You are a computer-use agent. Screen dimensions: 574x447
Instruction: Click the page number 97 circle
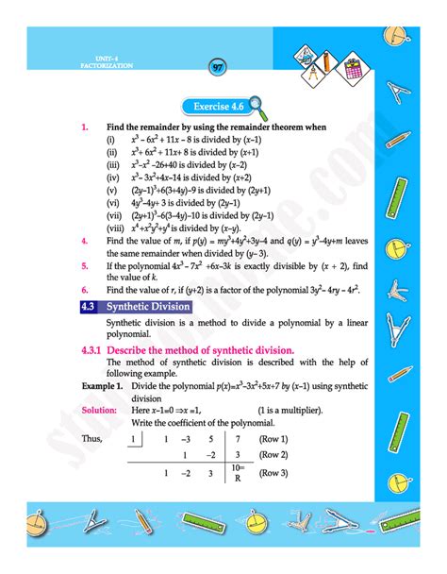pos(218,68)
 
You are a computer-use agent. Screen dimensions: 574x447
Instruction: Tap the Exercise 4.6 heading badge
pos(218,107)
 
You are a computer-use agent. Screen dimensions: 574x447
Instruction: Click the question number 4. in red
pos(85,241)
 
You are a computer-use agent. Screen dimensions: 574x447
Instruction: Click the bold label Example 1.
pos(100,387)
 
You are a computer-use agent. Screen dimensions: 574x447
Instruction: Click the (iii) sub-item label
pos(112,162)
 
